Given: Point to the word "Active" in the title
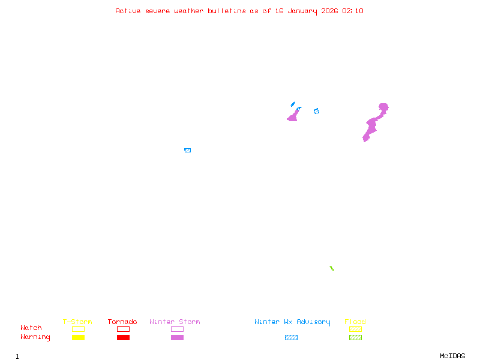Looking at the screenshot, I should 128,11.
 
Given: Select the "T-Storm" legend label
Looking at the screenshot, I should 77,322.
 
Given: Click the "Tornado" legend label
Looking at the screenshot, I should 122,322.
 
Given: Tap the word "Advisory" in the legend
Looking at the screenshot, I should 313,322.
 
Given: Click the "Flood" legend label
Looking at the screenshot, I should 355,322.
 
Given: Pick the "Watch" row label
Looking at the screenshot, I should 31,328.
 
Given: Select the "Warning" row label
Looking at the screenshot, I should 35,337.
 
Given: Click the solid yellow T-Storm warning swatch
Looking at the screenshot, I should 78,338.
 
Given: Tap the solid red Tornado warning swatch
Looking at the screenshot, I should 123,338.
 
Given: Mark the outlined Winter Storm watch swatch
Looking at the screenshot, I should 177,329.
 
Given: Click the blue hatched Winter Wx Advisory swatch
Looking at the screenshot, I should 291,338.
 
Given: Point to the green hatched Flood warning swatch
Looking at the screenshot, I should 355,338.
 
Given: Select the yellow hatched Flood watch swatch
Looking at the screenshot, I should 355,329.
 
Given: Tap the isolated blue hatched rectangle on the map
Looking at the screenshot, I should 187,150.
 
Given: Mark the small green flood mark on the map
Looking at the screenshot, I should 331,268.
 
